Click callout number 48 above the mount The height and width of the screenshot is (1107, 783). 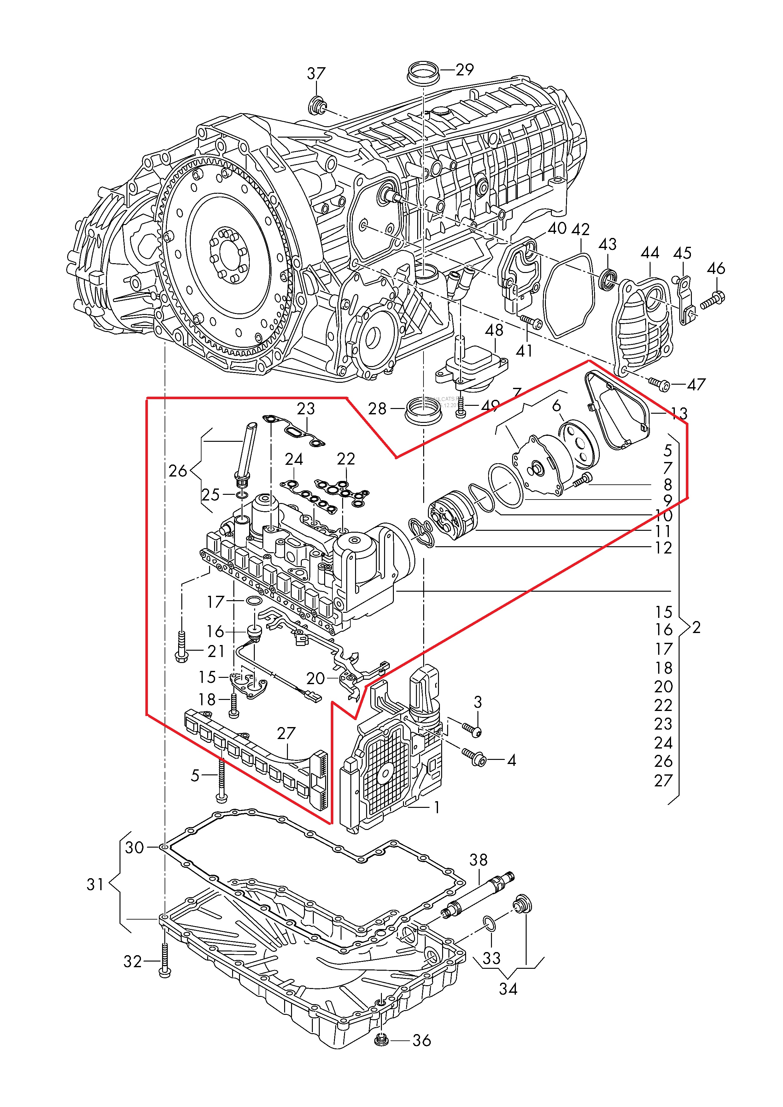[x=494, y=330]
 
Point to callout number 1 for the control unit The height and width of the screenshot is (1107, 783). [x=437, y=807]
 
